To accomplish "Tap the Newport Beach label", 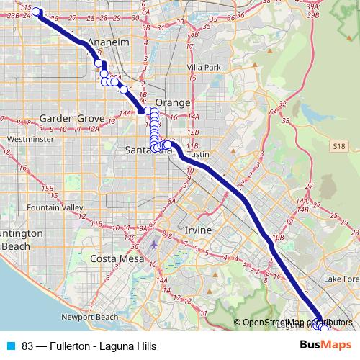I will (89, 317).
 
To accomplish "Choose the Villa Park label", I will (202, 67).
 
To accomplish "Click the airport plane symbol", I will (153, 243).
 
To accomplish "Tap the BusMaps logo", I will (325, 345).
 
